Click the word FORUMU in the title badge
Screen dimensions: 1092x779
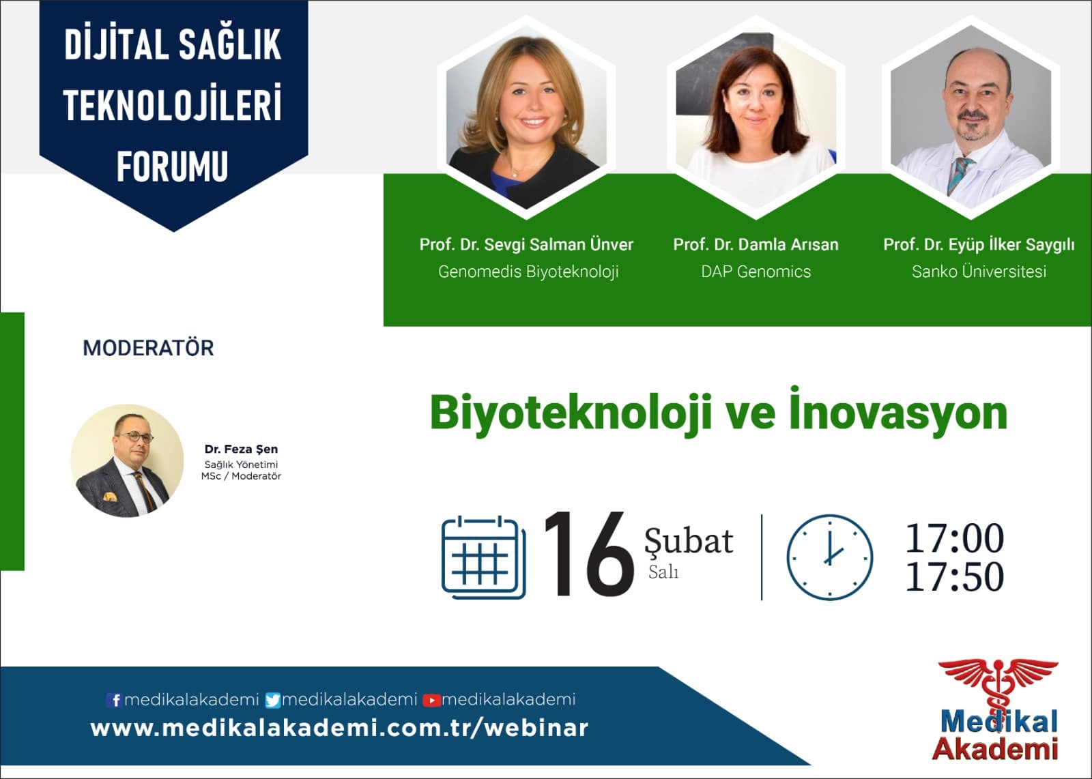point(173,166)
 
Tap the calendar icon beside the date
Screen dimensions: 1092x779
point(484,557)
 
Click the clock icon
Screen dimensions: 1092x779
point(829,557)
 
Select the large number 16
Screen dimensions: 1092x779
point(589,554)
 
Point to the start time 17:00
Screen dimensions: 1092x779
point(955,538)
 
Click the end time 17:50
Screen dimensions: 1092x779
point(955,577)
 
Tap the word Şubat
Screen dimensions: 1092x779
point(689,541)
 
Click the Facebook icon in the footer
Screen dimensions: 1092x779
point(114,700)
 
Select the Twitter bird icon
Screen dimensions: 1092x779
point(273,700)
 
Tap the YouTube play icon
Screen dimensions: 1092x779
point(431,701)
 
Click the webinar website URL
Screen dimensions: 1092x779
point(339,729)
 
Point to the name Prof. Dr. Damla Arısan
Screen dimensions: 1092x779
point(756,245)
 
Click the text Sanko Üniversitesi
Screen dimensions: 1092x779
point(979,271)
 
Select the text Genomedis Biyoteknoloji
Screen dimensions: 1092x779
point(528,271)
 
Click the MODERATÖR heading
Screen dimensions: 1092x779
point(148,349)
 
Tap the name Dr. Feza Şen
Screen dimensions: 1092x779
point(241,449)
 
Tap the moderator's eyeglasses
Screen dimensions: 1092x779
point(134,437)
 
